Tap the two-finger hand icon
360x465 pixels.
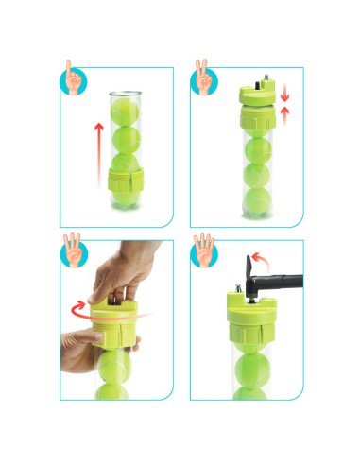[x=201, y=78]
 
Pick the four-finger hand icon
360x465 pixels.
[x=201, y=249]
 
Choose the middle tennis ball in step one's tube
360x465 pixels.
[x=125, y=140]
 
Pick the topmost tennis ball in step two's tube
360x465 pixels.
[x=253, y=129]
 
